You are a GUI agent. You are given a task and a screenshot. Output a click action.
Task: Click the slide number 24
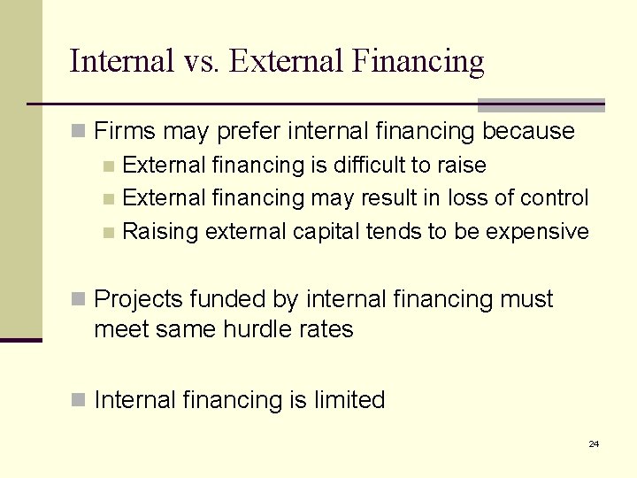coord(594,443)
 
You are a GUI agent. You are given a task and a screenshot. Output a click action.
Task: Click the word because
coord(528,132)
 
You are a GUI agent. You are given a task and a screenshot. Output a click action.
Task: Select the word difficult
coord(372,166)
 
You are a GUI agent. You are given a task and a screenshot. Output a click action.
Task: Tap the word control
coord(556,198)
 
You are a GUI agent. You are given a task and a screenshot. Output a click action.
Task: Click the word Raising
coord(160,232)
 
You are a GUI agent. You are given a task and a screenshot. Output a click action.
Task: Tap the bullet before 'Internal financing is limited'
coord(80,401)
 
